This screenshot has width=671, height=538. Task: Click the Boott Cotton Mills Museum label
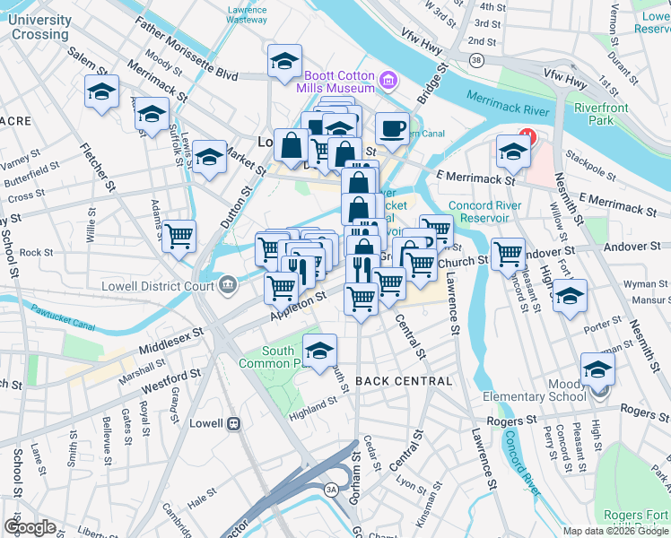pyautogui.click(x=338, y=82)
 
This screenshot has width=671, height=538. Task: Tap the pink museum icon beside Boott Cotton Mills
pyautogui.click(x=388, y=82)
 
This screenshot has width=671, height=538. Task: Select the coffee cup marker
pyautogui.click(x=392, y=128)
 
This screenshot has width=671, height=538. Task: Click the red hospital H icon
pyautogui.click(x=527, y=139)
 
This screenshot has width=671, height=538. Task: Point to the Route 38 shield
pyautogui.click(x=475, y=60)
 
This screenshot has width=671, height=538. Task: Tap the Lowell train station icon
pyautogui.click(x=232, y=421)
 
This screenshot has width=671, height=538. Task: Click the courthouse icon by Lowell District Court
pyautogui.click(x=229, y=286)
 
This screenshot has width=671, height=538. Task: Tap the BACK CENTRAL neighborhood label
pyautogui.click(x=404, y=381)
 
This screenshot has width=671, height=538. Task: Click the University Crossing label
pyautogui.click(x=40, y=27)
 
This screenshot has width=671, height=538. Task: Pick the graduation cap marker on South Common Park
pyautogui.click(x=319, y=351)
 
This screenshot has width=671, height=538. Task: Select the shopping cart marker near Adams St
pyautogui.click(x=179, y=236)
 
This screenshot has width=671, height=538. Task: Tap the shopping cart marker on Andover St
pyautogui.click(x=508, y=254)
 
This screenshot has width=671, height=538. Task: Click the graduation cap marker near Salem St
pyautogui.click(x=101, y=91)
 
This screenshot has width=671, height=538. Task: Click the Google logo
pyautogui.click(x=30, y=527)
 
